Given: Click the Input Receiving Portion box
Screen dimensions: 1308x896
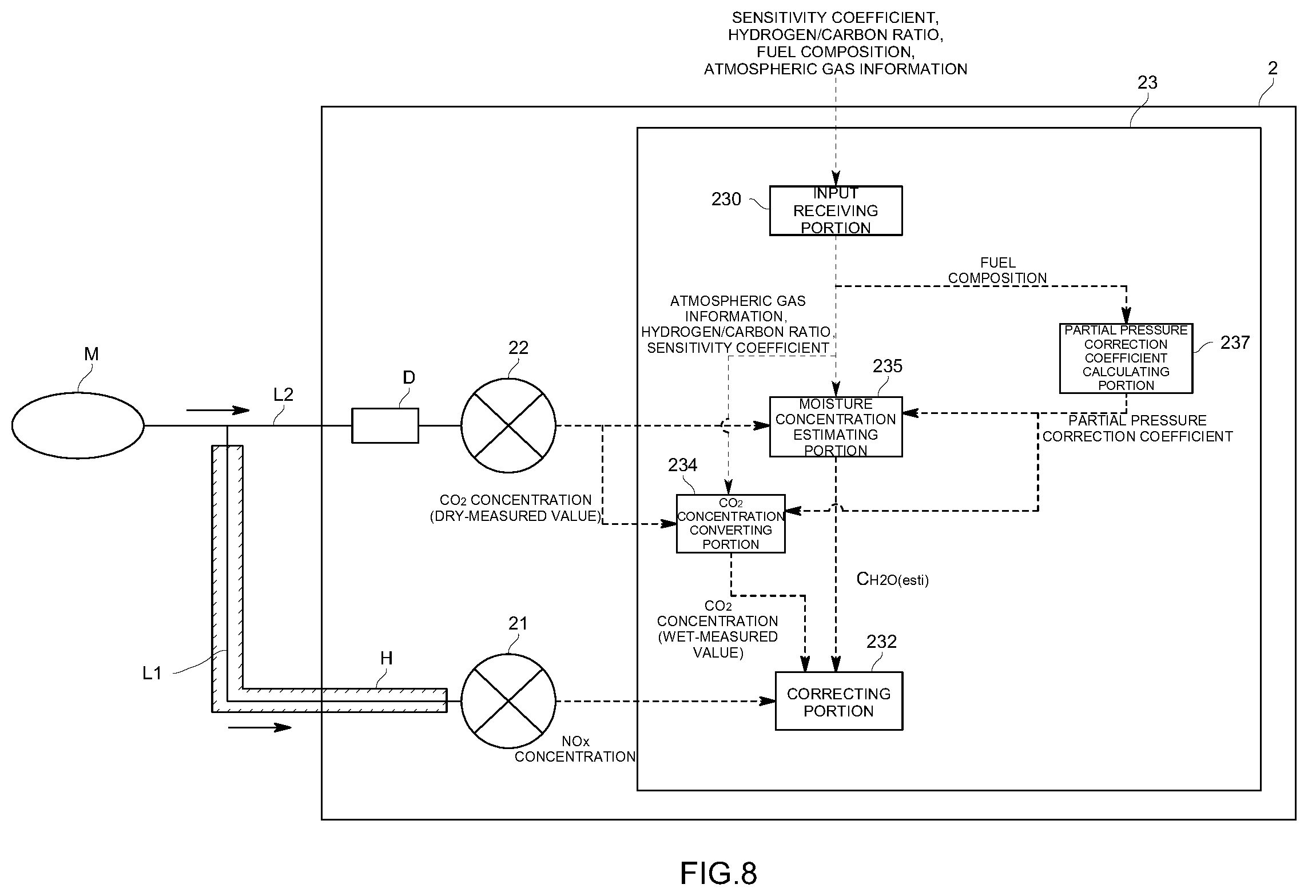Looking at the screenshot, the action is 836,210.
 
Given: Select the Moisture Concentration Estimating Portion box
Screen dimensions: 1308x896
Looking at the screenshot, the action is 836,427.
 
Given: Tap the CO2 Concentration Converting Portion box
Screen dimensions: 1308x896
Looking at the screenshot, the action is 730,523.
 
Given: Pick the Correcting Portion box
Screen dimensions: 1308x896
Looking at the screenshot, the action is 838,701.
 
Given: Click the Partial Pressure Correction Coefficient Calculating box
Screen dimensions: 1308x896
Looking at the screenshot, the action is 1126,358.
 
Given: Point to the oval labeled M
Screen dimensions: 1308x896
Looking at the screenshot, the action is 78,425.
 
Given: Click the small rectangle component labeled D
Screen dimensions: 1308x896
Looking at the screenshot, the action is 385,425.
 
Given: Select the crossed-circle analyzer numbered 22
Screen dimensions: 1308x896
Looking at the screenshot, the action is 508,425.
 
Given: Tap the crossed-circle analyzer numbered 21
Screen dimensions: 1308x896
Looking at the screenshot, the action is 508,701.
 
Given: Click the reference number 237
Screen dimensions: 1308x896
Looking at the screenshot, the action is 1235,343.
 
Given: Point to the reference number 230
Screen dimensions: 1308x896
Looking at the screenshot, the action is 726,199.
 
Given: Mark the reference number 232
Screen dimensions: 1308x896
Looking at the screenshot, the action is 881,642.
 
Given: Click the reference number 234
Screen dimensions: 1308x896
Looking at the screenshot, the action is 682,465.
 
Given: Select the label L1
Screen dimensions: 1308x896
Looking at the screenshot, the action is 152,674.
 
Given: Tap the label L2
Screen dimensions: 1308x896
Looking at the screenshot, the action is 283,394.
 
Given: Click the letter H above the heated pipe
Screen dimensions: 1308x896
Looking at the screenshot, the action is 387,658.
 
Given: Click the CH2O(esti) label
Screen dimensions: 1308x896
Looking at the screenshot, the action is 892,579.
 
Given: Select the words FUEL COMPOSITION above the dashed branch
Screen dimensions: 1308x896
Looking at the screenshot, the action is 997,270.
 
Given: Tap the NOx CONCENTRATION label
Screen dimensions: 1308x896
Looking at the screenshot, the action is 575,749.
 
